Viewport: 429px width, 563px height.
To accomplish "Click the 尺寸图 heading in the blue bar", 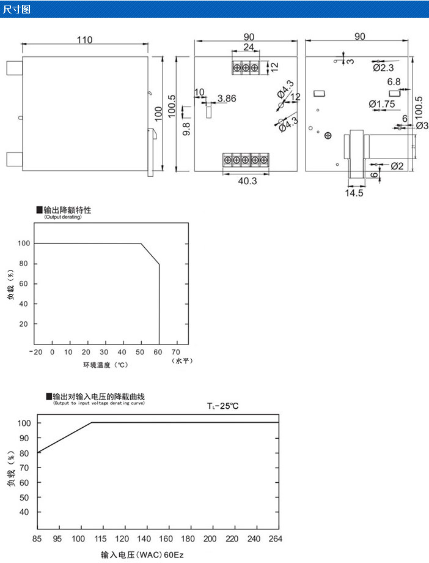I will [x=16, y=9].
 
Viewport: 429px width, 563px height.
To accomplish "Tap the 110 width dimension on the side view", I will [x=84, y=40].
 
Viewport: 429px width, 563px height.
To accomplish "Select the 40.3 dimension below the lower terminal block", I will [x=246, y=181].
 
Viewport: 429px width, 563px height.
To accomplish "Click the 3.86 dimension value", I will [x=227, y=98].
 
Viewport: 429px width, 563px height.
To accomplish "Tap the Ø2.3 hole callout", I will [x=383, y=67].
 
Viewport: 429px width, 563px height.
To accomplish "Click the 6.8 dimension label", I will [x=394, y=81].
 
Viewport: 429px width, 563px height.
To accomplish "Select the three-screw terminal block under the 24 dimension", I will [x=246, y=67].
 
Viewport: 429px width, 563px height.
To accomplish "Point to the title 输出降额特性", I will [x=71, y=210].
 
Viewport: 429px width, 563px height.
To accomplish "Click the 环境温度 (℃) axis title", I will [x=106, y=365].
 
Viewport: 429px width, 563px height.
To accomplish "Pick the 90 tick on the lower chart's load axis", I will [x=24, y=438].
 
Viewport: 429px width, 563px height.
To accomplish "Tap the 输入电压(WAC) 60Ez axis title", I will [x=142, y=555].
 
